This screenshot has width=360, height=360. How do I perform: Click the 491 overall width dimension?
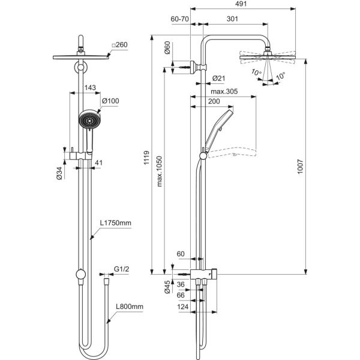coord(241,4)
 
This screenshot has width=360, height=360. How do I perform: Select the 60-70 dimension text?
coord(180,19)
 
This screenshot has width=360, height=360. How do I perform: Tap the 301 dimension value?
coord(232,19)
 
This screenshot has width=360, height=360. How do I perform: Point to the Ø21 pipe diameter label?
coord(218,79)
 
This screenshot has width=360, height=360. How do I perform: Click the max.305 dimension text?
coord(224,92)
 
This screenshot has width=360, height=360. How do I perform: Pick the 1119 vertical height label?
coord(146,158)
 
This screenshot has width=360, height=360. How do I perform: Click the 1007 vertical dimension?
coord(301,167)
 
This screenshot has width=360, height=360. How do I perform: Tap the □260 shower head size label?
coord(119,45)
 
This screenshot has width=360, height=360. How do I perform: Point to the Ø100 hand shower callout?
coord(110,101)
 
